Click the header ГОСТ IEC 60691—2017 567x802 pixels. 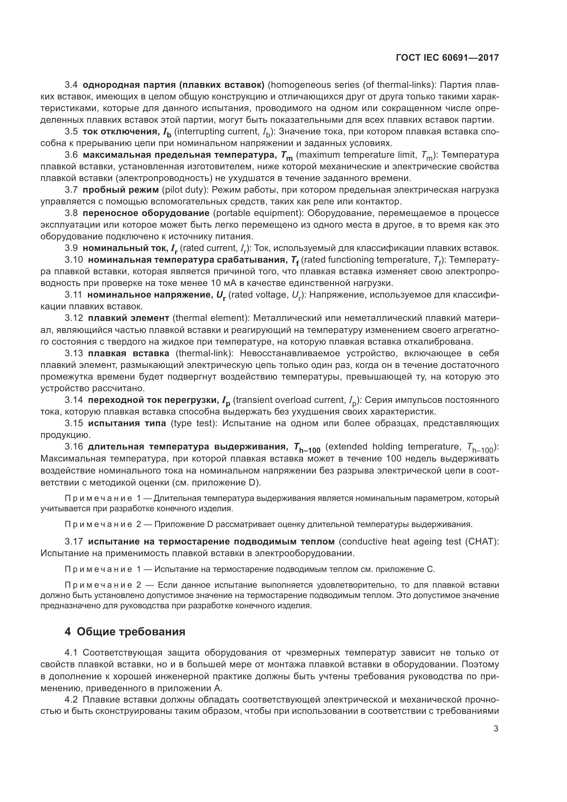tap(447, 58)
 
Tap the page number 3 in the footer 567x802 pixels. tap(496, 729)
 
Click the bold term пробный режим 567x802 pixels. tap(120, 190)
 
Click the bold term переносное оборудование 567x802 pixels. tap(146, 213)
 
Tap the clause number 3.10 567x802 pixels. tap(74, 260)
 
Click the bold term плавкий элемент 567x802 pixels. tap(128, 318)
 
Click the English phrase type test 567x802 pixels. tap(192, 423)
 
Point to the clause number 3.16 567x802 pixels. tap(74, 447)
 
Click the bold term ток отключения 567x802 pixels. tap(120, 132)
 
